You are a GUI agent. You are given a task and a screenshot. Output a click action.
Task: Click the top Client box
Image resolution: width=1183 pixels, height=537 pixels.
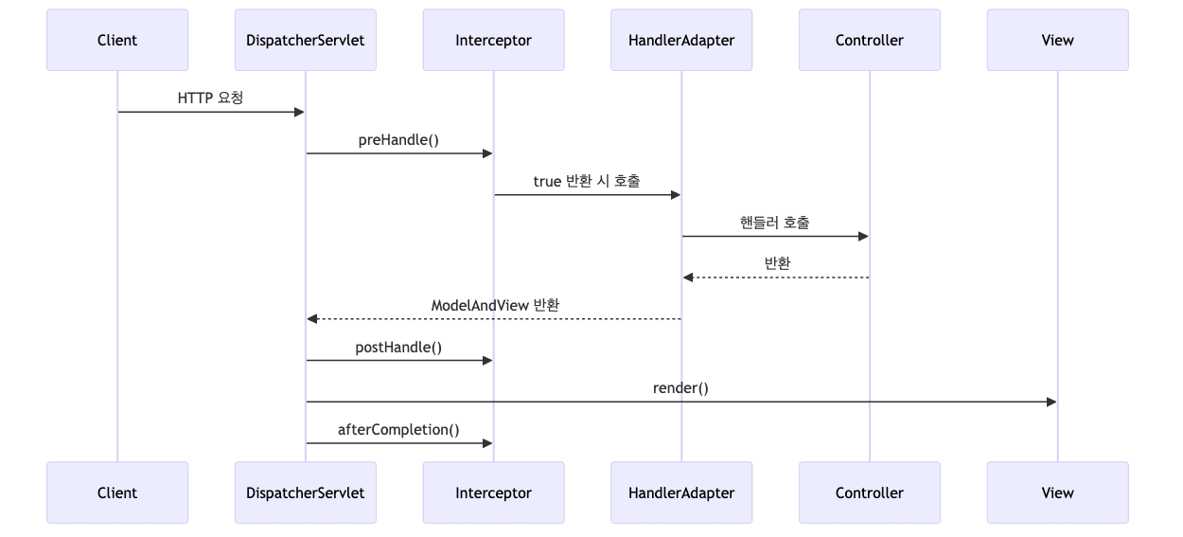click(117, 40)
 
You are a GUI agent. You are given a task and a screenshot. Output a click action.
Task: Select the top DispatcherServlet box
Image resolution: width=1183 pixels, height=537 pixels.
click(305, 40)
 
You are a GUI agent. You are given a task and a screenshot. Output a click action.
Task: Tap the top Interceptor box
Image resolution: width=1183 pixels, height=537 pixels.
click(493, 40)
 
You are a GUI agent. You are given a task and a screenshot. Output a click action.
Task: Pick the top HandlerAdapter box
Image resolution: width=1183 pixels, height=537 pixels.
click(681, 40)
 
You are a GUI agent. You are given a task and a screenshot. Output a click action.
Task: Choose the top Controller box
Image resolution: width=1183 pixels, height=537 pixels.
click(869, 40)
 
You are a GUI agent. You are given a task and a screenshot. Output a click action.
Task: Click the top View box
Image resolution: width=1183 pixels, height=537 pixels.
click(1057, 40)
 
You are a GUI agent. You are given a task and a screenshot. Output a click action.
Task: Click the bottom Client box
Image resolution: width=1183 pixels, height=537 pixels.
click(117, 492)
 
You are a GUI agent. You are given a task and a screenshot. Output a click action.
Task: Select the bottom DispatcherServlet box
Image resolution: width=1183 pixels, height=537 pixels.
click(305, 492)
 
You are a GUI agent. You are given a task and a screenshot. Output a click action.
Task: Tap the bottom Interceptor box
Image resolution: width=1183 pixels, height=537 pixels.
click(493, 492)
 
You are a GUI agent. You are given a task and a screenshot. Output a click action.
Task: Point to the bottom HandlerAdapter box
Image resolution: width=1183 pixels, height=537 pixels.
click(681, 492)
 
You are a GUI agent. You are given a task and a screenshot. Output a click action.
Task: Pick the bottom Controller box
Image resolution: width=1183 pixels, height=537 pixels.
click(869, 492)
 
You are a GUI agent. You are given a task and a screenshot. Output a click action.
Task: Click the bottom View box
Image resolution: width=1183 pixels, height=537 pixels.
click(1057, 492)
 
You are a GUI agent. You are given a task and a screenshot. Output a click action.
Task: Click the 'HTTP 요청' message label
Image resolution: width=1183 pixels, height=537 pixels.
click(210, 98)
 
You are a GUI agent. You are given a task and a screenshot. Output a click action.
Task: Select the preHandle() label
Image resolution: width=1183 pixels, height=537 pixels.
click(398, 139)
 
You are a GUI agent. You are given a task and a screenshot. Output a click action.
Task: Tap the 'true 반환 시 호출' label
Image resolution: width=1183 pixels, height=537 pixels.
click(587, 181)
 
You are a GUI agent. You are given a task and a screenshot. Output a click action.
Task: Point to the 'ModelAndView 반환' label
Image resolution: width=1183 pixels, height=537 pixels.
click(495, 305)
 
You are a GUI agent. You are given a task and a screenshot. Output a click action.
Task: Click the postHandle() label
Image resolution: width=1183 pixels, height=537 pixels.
click(398, 347)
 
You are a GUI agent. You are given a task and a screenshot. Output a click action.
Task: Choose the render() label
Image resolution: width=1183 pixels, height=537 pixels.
click(680, 387)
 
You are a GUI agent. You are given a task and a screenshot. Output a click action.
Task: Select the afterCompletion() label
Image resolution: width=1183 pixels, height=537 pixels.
click(398, 429)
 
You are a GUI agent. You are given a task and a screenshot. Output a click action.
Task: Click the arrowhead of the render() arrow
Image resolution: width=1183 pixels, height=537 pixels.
click(1051, 402)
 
